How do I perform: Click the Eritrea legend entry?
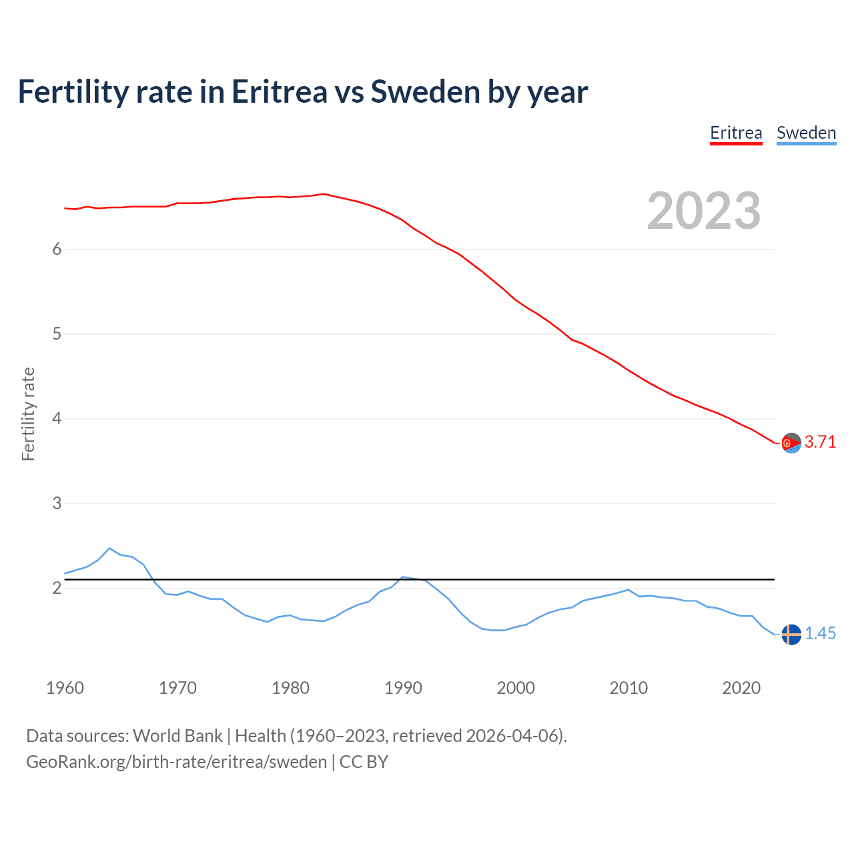pos(736,133)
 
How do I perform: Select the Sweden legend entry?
pos(806,133)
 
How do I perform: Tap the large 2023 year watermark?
pos(704,211)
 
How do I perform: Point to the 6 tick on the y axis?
pos(57,249)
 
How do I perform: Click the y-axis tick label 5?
pos(57,334)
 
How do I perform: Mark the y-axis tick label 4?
pos(57,418)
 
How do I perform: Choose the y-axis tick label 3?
pos(57,503)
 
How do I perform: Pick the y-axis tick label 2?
pos(57,588)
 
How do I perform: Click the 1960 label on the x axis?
pos(65,688)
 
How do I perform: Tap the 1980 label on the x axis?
pos(290,688)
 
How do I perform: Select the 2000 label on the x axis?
pos(516,688)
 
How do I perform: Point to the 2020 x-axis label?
pos(741,688)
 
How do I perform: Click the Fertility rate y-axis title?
pos(28,414)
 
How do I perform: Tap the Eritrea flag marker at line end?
pos(791,443)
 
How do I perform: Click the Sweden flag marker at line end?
pos(791,634)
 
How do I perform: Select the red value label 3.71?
pos(820,442)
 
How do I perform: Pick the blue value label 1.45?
pos(820,634)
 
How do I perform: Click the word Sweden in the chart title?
pos(425,92)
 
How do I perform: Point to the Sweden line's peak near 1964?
pos(109,548)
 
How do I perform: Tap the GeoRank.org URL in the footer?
pos(176,762)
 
